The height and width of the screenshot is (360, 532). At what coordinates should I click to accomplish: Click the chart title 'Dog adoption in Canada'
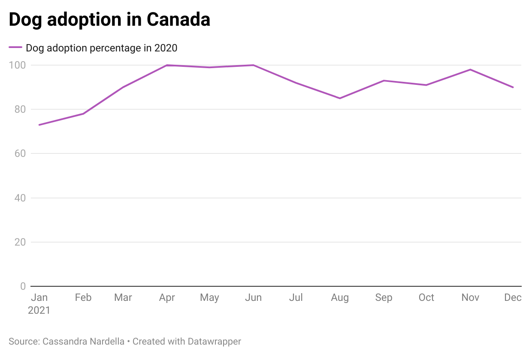click(109, 20)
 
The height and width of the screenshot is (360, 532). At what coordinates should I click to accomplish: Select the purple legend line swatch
click(15, 48)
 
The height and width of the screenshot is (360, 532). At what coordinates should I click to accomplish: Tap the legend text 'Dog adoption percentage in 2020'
click(102, 48)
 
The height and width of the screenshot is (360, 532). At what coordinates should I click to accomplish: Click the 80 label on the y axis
click(20, 109)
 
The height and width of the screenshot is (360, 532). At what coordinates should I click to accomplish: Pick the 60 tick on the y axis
click(20, 153)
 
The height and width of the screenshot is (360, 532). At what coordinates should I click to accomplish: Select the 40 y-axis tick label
click(20, 198)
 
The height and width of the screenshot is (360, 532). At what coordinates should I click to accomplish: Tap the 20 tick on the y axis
click(20, 242)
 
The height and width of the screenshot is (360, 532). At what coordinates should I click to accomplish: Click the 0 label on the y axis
click(23, 286)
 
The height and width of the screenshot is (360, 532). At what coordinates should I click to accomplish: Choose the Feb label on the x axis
click(83, 297)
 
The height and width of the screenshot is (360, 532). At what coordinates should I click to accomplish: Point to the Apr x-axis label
click(167, 297)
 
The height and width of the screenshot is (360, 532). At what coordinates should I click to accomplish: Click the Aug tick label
click(340, 297)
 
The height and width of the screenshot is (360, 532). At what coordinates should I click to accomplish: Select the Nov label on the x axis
click(470, 297)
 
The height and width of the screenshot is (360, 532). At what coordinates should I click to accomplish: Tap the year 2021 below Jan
click(39, 310)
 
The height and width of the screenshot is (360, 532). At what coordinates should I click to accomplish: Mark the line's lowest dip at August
click(340, 98)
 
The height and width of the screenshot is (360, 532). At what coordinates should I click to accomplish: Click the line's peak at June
click(254, 65)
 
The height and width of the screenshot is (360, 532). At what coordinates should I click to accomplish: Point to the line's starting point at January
click(39, 125)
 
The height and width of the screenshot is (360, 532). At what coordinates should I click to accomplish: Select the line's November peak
click(470, 69)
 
